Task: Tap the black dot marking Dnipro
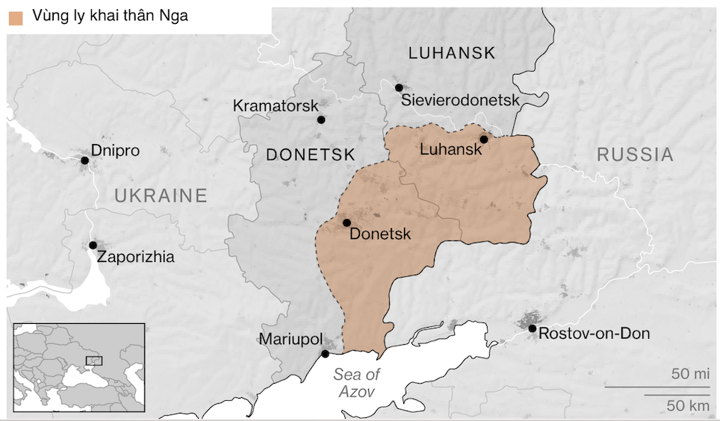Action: point(85,160)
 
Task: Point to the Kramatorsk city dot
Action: point(321,119)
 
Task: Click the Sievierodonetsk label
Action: point(459,100)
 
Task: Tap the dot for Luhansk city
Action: point(484,140)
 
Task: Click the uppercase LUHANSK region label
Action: point(452,52)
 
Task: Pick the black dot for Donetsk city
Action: point(347,222)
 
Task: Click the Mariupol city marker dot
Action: point(325,354)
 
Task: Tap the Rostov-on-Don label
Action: point(594,333)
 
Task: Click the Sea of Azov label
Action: point(356,382)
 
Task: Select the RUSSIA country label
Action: point(635,155)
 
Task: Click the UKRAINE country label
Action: point(160,196)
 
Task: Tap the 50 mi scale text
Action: point(689,374)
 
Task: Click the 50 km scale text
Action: point(688,405)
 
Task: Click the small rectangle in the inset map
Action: point(95,360)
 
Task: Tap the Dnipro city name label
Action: point(115,150)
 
